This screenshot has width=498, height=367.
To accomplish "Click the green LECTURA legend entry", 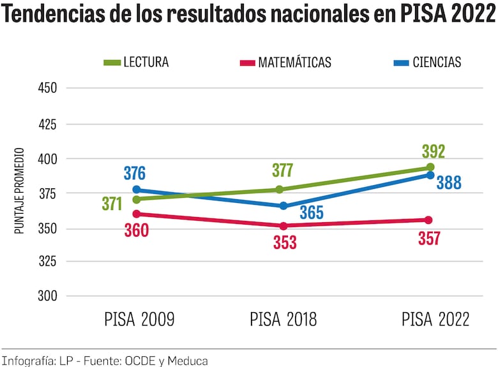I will point(136,62).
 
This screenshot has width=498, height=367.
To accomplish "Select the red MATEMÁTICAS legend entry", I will point(285,62).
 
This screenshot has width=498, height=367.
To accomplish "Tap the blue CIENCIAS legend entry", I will point(427,62).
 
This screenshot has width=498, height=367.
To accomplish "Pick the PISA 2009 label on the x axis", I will point(139,319).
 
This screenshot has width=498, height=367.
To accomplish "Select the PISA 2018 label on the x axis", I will point(283,319).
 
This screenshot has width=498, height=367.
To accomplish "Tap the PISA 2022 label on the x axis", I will point(435,319).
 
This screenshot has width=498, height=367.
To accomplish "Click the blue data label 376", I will point(134,174).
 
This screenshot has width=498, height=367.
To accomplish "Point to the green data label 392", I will point(433,152).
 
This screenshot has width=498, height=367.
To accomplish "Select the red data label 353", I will point(284,243).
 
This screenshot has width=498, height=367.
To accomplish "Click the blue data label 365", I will point(312,213).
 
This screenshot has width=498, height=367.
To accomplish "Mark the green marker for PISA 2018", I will point(280,190).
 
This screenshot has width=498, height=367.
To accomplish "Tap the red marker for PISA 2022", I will point(428,220).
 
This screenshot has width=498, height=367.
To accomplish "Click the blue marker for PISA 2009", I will point(137,190).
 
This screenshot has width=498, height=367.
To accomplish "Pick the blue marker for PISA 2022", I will point(430,175).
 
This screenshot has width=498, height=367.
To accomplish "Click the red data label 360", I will point(136,231).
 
